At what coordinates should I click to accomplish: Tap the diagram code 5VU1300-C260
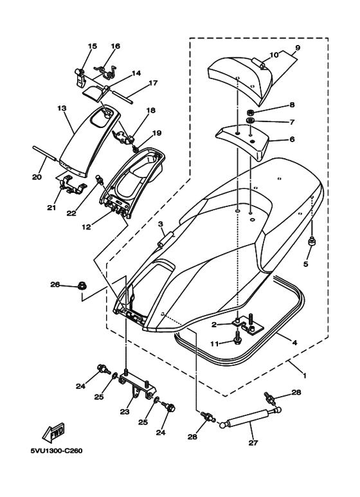point(57,451)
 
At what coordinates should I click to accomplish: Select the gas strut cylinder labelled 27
point(248,418)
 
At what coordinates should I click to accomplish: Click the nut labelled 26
point(82,286)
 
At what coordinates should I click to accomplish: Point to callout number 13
point(62,108)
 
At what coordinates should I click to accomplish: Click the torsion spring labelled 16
point(106,71)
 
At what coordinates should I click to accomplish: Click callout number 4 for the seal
point(294,342)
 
